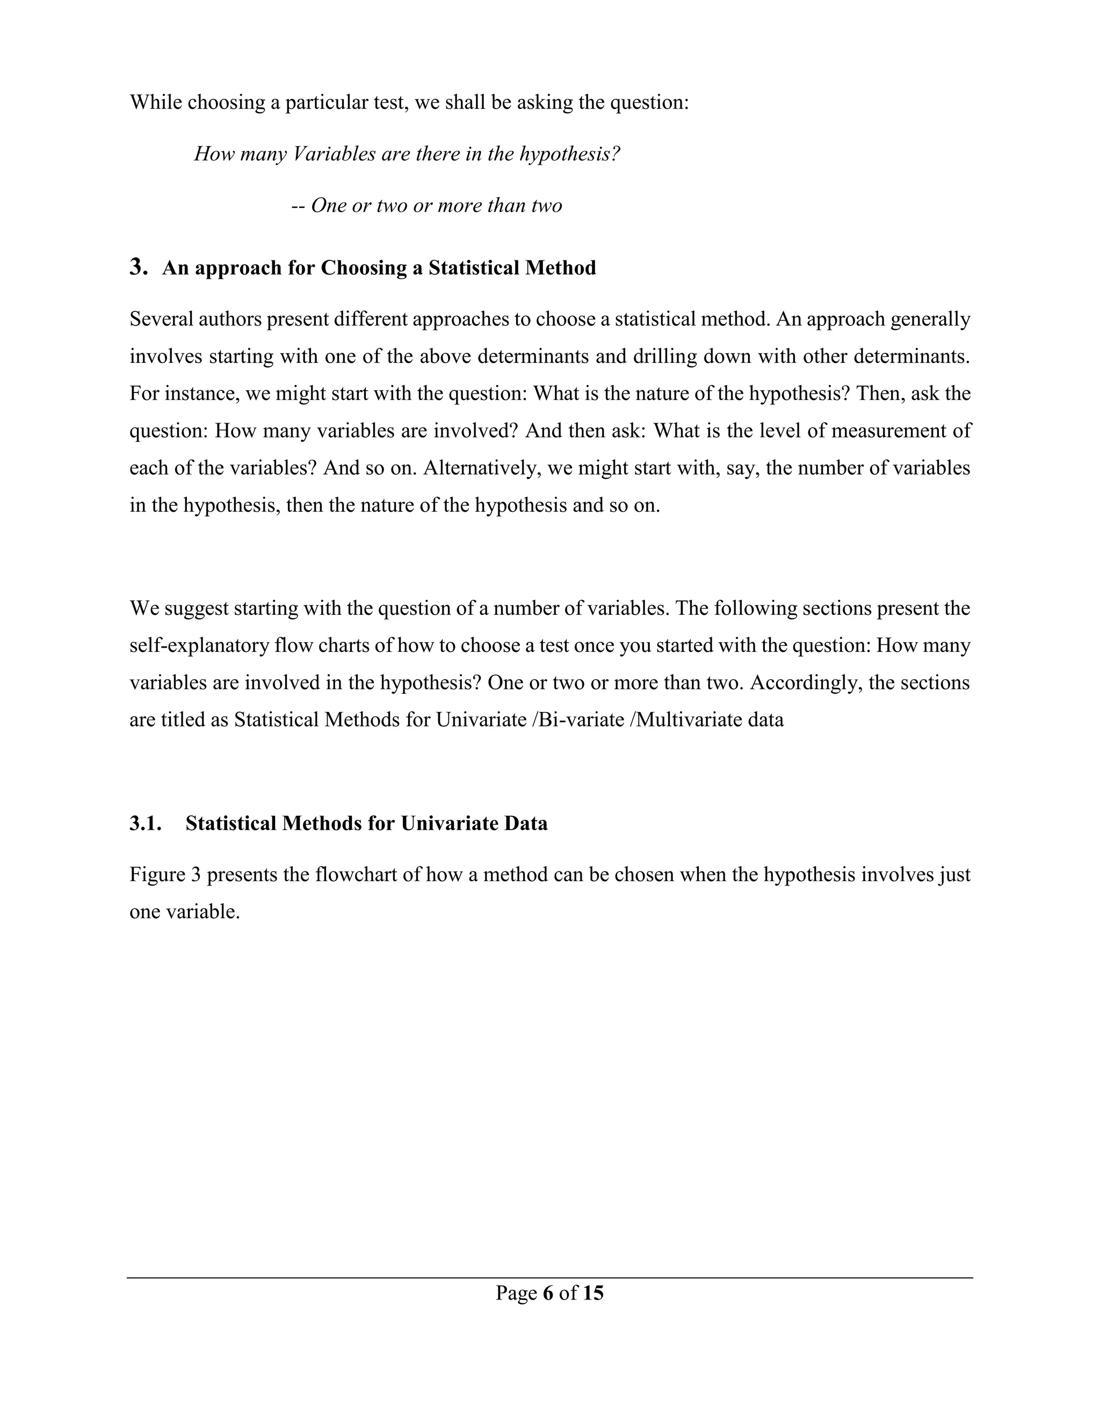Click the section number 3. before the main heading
coord(139,267)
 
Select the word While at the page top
coord(155,102)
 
